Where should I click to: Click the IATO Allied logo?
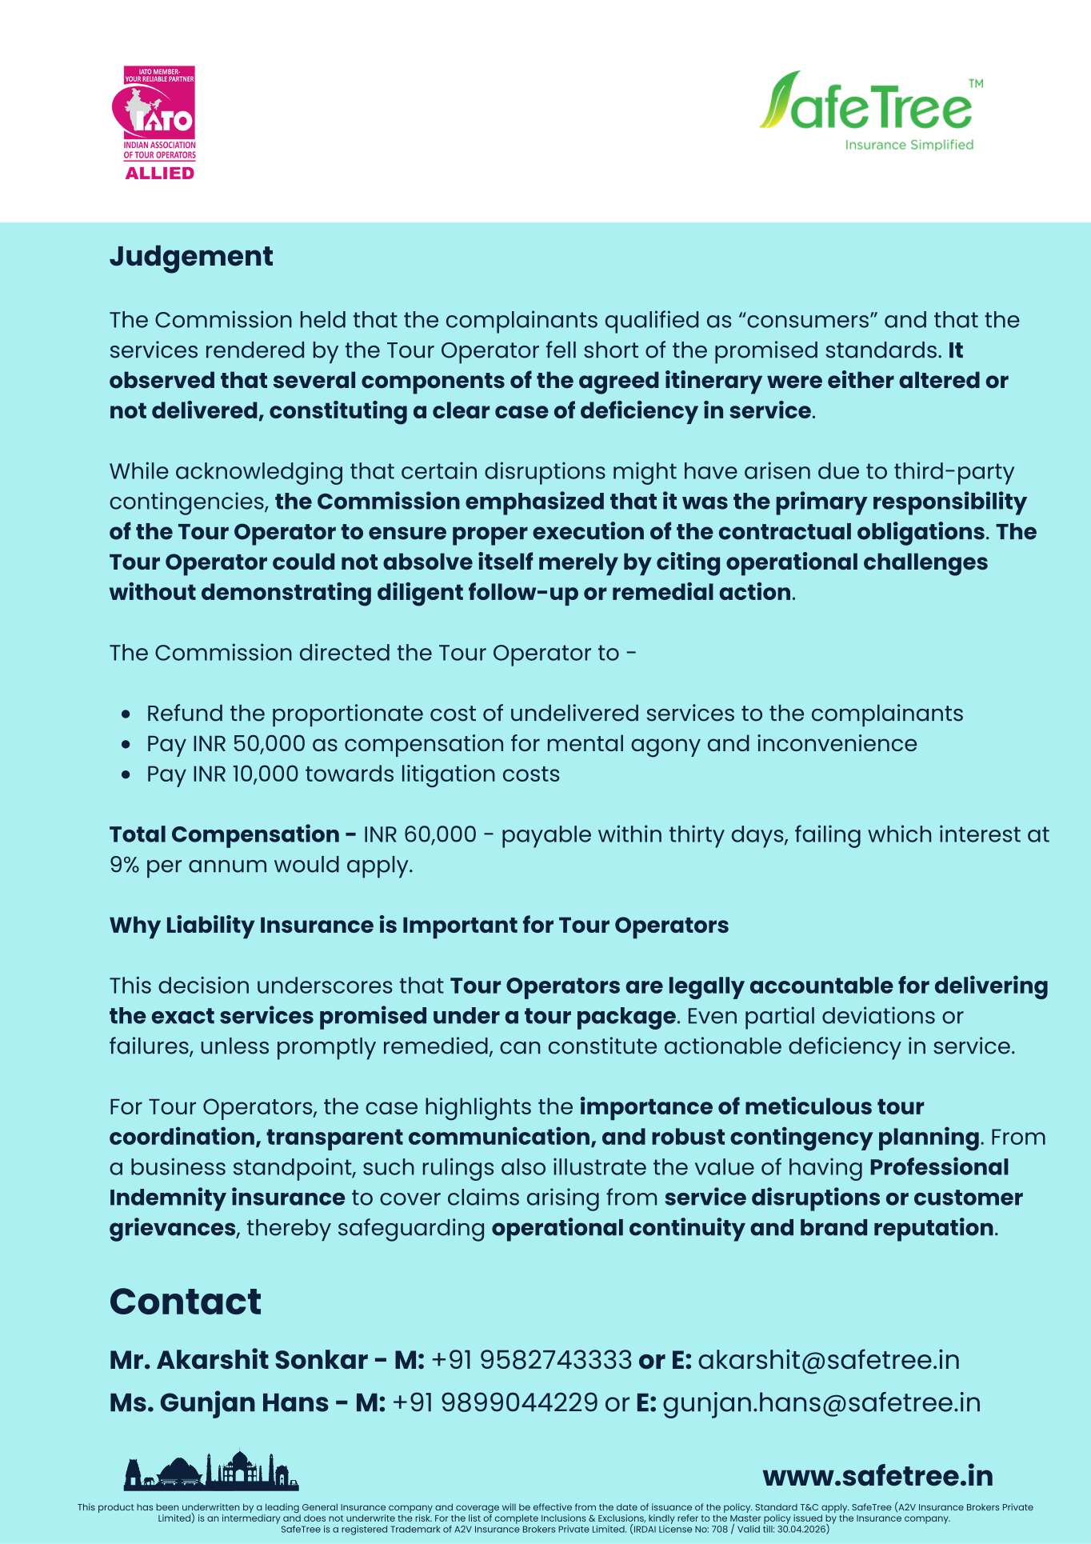click(x=159, y=122)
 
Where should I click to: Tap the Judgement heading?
click(x=191, y=256)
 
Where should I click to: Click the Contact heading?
click(x=185, y=1302)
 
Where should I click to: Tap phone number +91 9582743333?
click(x=531, y=1360)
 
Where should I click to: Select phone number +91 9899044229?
click(x=495, y=1402)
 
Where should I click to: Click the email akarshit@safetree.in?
click(x=829, y=1360)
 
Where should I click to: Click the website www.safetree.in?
click(x=877, y=1476)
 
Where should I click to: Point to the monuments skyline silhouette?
click(x=211, y=1472)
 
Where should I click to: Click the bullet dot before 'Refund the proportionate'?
click(x=126, y=714)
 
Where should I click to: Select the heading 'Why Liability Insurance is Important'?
click(x=418, y=925)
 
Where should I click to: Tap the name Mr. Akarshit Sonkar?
click(x=238, y=1360)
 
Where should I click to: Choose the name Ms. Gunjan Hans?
click(x=218, y=1402)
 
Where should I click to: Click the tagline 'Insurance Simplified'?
click(x=909, y=145)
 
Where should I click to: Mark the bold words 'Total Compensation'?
click(x=224, y=834)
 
